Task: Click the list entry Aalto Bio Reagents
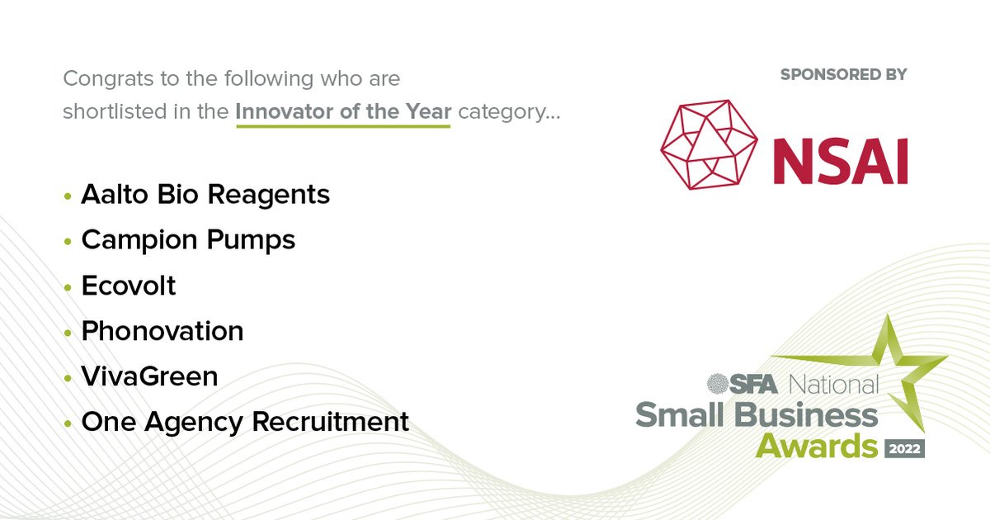[205, 196]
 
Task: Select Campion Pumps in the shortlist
[188, 241]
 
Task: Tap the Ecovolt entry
[129, 286]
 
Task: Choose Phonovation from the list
[163, 332]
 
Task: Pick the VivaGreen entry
[149, 377]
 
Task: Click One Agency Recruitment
[245, 423]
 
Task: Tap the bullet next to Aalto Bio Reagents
[68, 197]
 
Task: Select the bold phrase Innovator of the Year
[343, 111]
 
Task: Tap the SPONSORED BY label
[843, 74]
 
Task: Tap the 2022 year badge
[904, 448]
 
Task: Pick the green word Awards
[817, 447]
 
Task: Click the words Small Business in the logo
[757, 415]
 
